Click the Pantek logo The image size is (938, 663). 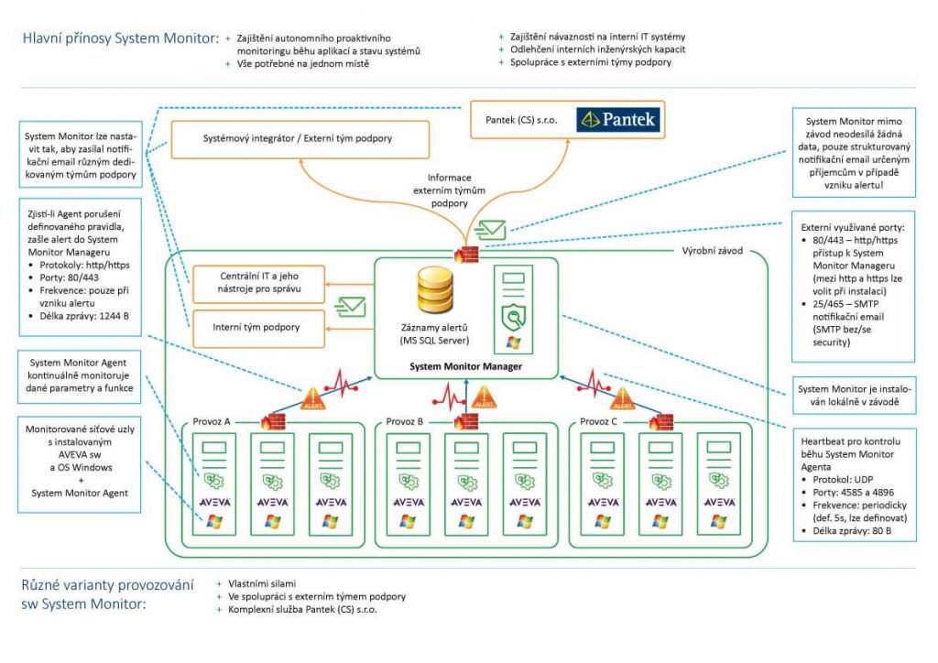[x=618, y=120]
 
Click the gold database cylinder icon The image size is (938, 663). [x=435, y=290]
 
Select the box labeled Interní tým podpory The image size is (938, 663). [x=258, y=328]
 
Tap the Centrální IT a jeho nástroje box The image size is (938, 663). [x=258, y=283]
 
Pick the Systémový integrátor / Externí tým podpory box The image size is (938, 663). [x=300, y=139]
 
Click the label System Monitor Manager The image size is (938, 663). [x=465, y=366]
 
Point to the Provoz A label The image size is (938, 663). [x=212, y=421]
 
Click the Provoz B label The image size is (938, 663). [x=404, y=421]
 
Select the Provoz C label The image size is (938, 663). [x=598, y=421]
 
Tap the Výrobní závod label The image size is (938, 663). [x=713, y=251]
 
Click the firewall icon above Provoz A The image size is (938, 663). [x=273, y=421]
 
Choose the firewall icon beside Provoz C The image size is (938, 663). [x=661, y=421]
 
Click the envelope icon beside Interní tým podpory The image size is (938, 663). [x=350, y=307]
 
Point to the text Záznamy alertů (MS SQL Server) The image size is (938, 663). [x=434, y=334]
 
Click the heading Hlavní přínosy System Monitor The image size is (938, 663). [x=121, y=38]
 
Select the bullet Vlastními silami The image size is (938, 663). [x=262, y=583]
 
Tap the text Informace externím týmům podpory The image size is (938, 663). [x=449, y=190]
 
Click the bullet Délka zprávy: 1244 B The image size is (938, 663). [x=83, y=316]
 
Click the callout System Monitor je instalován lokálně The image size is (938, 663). [x=855, y=396]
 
